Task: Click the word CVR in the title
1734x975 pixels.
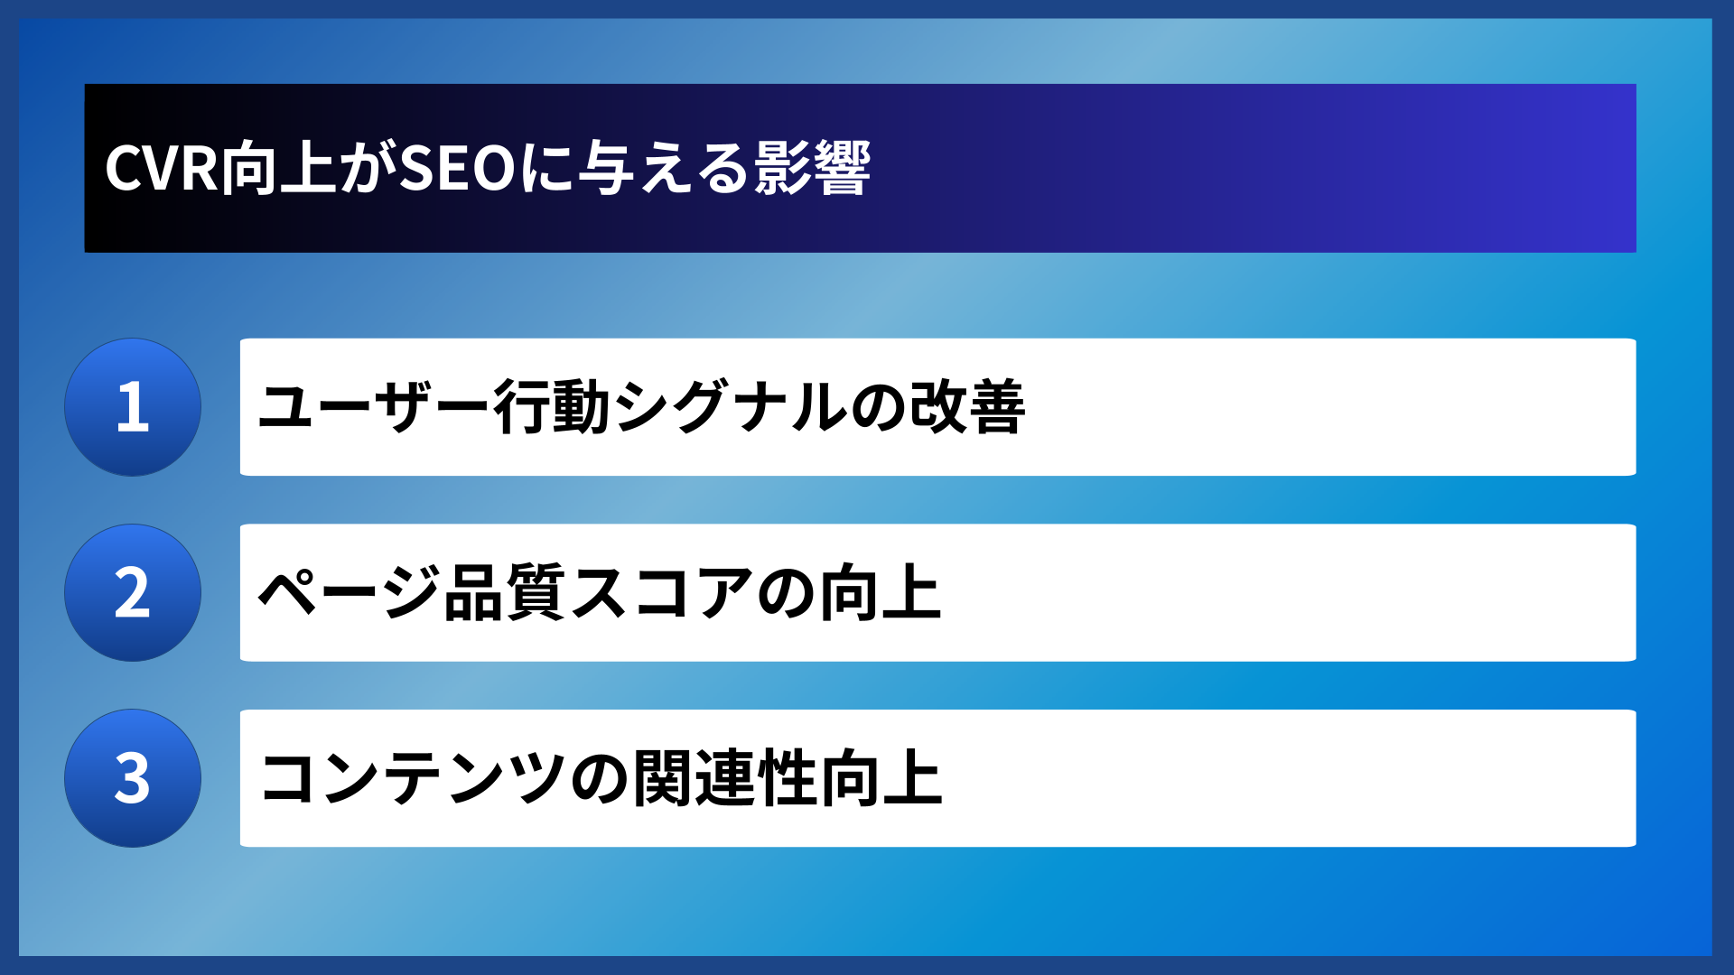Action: tap(162, 169)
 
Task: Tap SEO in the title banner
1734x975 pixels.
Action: tap(457, 169)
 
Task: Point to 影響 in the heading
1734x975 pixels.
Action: tap(813, 169)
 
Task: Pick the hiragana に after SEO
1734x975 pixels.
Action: tap(546, 169)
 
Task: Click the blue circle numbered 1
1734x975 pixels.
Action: tap(133, 407)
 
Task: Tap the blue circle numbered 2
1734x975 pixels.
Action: tap(133, 593)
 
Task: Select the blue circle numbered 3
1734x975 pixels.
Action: tap(133, 778)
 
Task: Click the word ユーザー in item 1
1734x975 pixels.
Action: tap(375, 407)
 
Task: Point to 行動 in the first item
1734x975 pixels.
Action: tap(553, 407)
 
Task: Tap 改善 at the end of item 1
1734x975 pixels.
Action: tap(967, 407)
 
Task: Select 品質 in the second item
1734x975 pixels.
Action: tap(506, 593)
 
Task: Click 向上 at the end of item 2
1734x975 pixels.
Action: tap(881, 593)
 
